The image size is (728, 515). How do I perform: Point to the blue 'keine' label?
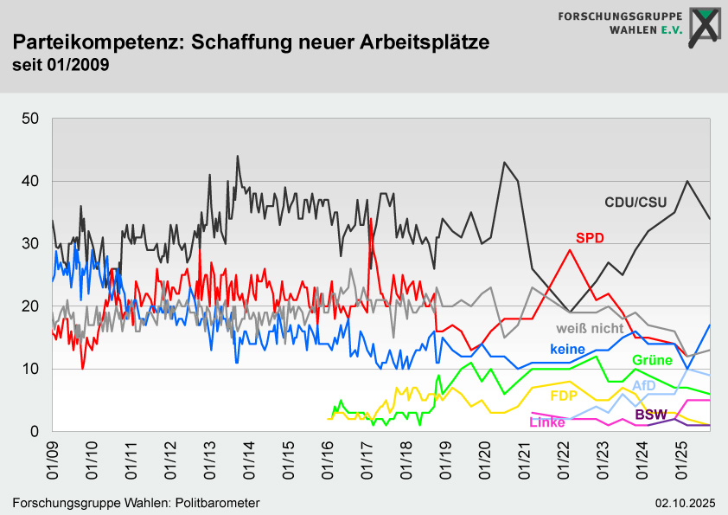(x=567, y=349)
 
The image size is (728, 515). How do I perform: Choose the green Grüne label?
(x=652, y=360)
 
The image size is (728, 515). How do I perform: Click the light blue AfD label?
(x=644, y=385)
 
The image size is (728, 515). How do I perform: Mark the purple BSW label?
(x=651, y=415)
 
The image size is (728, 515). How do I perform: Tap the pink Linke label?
(x=546, y=422)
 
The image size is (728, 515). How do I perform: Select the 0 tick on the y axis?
(x=35, y=431)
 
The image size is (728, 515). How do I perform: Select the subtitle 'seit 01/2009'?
(x=61, y=65)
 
